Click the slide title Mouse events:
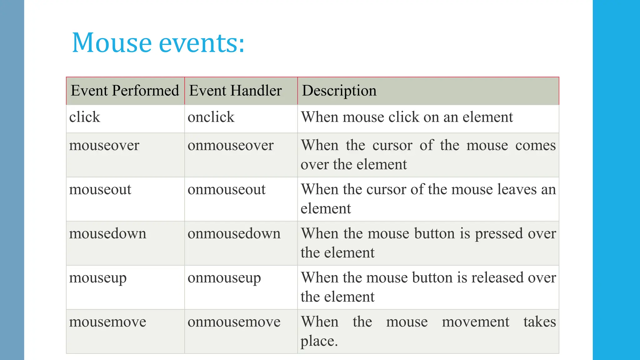point(158,43)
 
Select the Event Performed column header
point(125,91)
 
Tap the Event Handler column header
point(235,91)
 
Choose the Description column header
point(339,91)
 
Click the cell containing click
point(85,117)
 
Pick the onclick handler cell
point(211,117)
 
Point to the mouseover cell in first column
point(104,146)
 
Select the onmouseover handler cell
point(231,146)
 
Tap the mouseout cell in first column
point(100,190)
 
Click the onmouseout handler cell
point(227,190)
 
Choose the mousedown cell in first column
point(107,234)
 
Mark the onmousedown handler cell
point(234,234)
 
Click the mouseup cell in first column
point(98,278)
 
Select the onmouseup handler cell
point(224,278)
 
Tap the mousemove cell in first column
point(107,322)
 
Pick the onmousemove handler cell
point(234,322)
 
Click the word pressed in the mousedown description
point(499,234)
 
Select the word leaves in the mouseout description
point(517,190)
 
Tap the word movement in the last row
point(475,322)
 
